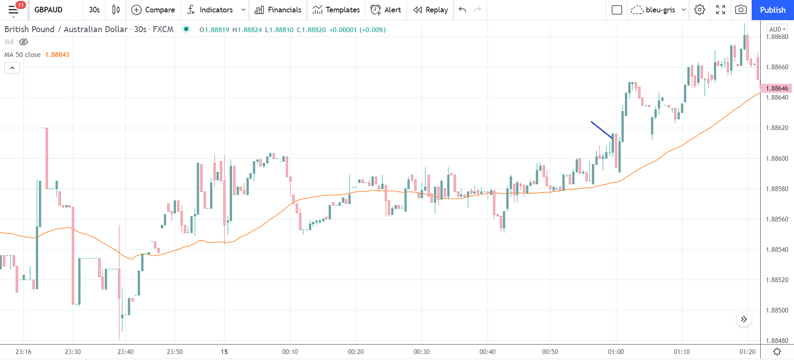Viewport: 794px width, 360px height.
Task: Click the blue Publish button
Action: point(772,10)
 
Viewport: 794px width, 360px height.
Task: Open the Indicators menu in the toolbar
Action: point(210,10)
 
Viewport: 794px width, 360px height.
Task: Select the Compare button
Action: point(153,10)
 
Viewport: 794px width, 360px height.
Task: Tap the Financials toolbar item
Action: point(278,10)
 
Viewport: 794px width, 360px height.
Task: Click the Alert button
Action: point(386,10)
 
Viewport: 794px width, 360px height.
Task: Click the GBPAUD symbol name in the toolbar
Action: point(48,10)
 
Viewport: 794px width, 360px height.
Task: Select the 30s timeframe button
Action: point(95,10)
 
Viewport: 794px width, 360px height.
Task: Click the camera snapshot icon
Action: point(740,10)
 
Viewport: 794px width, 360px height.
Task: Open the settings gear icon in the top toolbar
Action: point(699,10)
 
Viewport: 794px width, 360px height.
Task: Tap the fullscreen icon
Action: point(720,10)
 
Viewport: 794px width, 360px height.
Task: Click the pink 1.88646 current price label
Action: point(777,88)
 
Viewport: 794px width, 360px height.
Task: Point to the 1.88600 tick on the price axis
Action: point(777,159)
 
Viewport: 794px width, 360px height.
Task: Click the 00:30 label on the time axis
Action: point(421,352)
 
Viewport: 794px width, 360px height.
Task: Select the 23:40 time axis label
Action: point(125,352)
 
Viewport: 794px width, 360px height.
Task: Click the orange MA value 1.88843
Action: point(57,55)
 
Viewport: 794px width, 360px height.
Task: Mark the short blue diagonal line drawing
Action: point(602,130)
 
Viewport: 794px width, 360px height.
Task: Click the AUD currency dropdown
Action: point(777,29)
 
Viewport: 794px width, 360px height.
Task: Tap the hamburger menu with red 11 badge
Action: point(13,10)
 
